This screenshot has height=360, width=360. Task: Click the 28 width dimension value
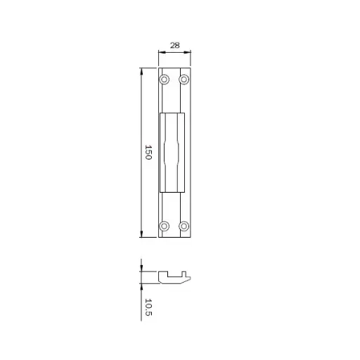(x=175, y=45)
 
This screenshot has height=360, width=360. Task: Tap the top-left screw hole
(x=165, y=79)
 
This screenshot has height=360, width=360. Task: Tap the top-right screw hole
(x=184, y=79)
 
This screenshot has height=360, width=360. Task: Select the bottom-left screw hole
(x=165, y=226)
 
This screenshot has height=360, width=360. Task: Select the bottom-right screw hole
(x=184, y=226)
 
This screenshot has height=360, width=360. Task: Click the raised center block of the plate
(x=174, y=134)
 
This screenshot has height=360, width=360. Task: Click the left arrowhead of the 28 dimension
(x=160, y=52)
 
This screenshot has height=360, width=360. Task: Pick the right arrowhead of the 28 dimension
(x=190, y=52)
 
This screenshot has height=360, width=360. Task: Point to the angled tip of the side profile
(x=191, y=279)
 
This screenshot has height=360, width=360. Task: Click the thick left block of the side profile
(x=164, y=277)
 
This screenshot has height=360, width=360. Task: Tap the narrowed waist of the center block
(x=174, y=153)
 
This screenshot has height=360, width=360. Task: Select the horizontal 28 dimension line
(x=175, y=52)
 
